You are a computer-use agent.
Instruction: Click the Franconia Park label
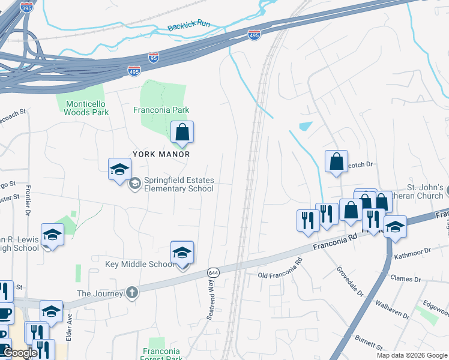coord(161,110)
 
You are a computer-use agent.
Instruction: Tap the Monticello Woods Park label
coord(86,107)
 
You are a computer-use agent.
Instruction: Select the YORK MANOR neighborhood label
coord(161,154)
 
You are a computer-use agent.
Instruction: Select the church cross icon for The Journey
coord(132,293)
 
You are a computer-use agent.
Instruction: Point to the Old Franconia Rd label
coord(280,269)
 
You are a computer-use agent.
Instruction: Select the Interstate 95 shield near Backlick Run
coord(154,58)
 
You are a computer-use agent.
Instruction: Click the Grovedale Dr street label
coord(350,281)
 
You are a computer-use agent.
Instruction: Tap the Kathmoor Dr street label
coord(412,253)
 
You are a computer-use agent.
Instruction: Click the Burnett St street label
coord(368,343)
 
